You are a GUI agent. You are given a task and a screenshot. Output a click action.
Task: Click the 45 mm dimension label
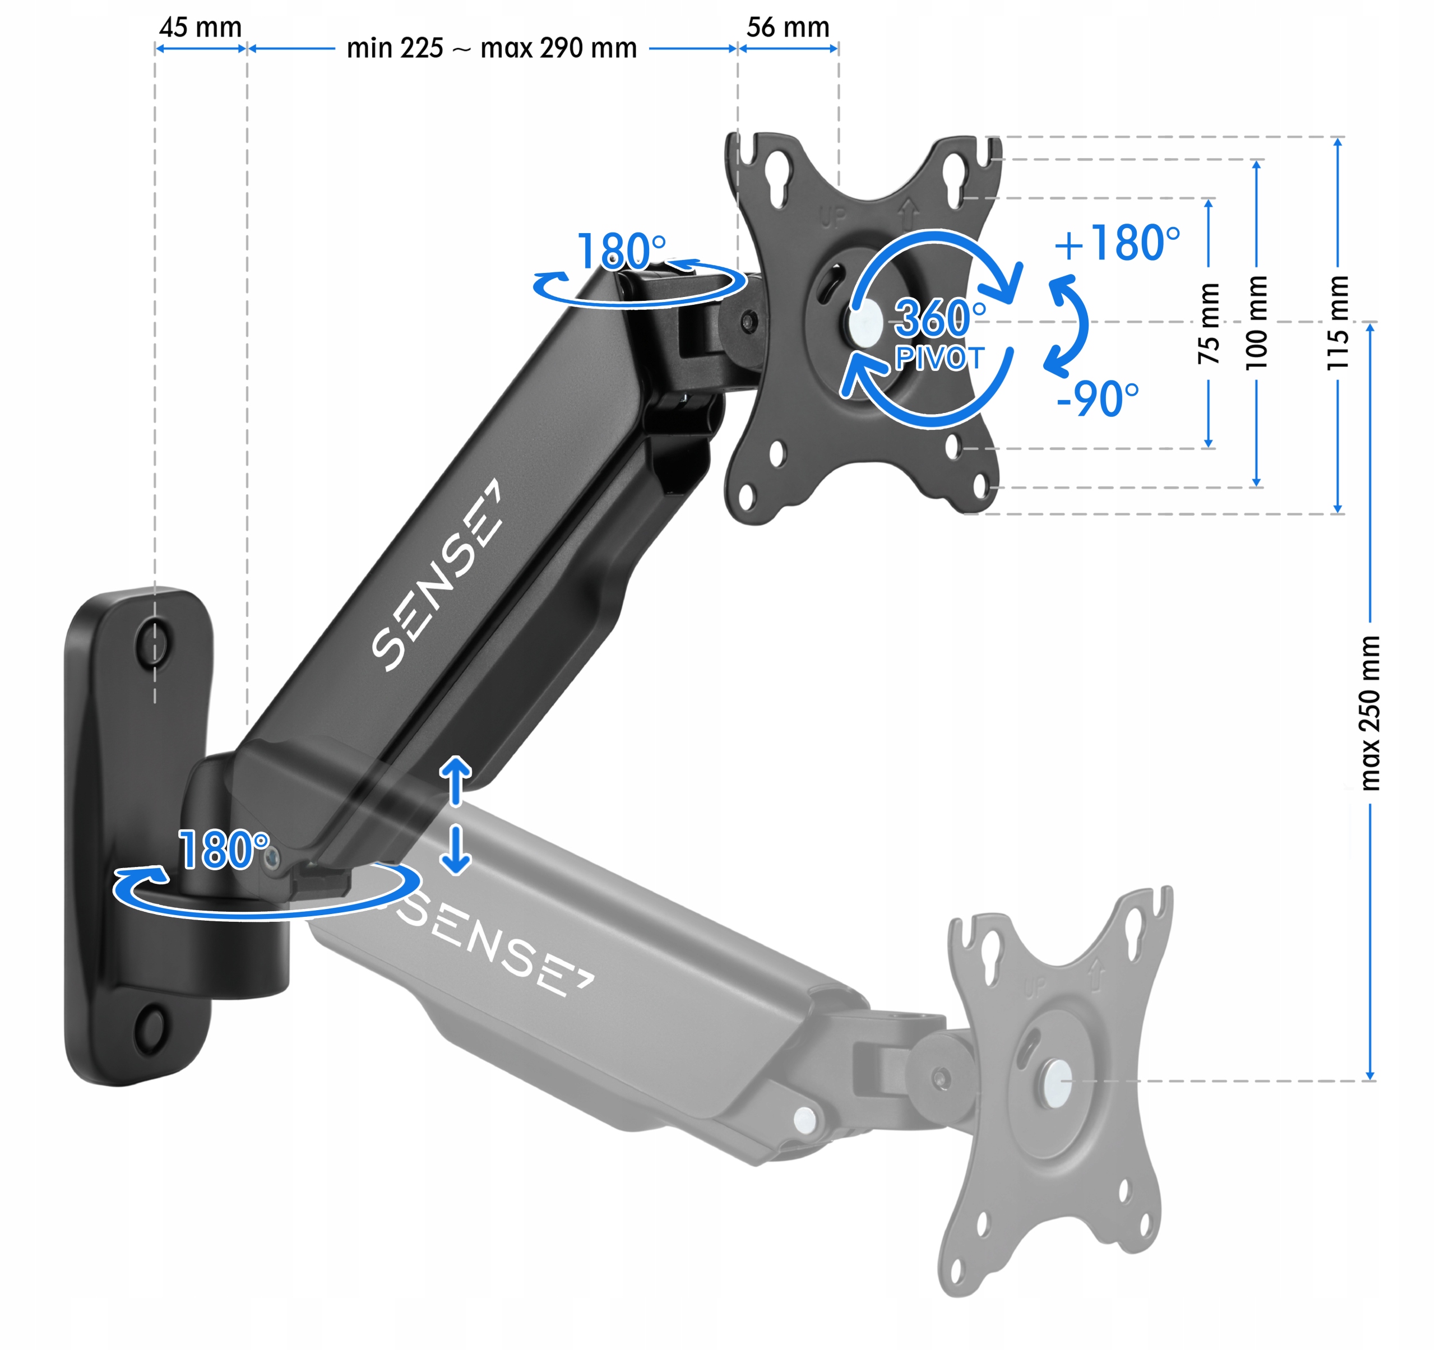(200, 27)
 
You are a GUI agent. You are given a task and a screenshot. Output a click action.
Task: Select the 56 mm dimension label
(788, 27)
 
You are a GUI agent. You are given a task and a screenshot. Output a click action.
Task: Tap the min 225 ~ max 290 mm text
(492, 48)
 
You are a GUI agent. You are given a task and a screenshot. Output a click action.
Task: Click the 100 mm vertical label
(1257, 323)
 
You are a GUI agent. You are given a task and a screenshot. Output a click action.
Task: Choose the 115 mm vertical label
(1337, 323)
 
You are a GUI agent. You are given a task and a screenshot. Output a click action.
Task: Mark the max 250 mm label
(1370, 713)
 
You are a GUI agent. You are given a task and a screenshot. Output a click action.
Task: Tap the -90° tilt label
(1097, 398)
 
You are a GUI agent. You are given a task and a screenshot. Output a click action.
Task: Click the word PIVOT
(939, 358)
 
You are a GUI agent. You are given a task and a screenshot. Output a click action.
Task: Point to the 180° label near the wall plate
(224, 850)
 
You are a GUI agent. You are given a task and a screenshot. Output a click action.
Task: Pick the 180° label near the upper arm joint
(621, 251)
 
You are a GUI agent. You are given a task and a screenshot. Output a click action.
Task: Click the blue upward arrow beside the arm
(456, 780)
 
